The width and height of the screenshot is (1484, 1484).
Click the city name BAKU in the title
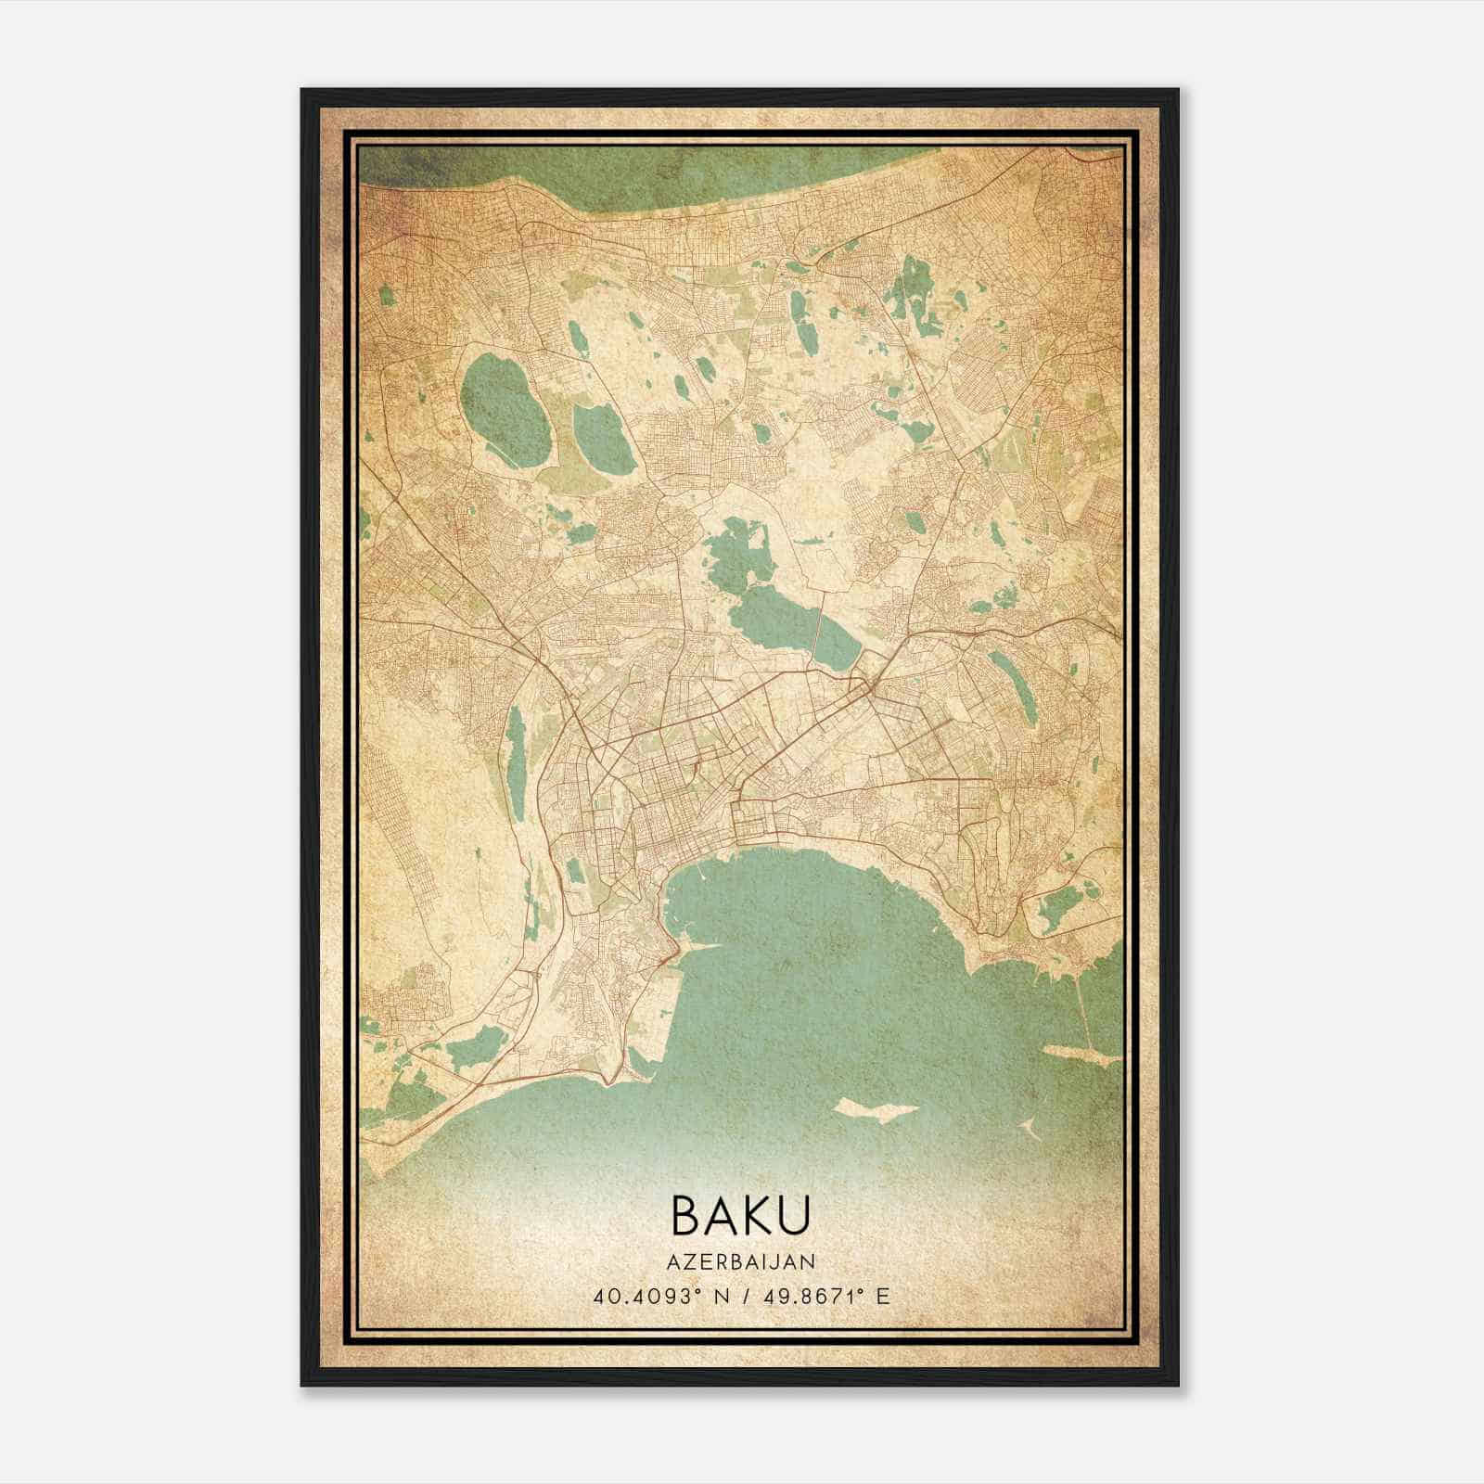(741, 1215)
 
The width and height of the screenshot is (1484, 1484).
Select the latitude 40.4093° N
(661, 1296)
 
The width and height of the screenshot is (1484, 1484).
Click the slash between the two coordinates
(743, 1296)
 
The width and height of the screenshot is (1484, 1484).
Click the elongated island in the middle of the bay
(876, 1109)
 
